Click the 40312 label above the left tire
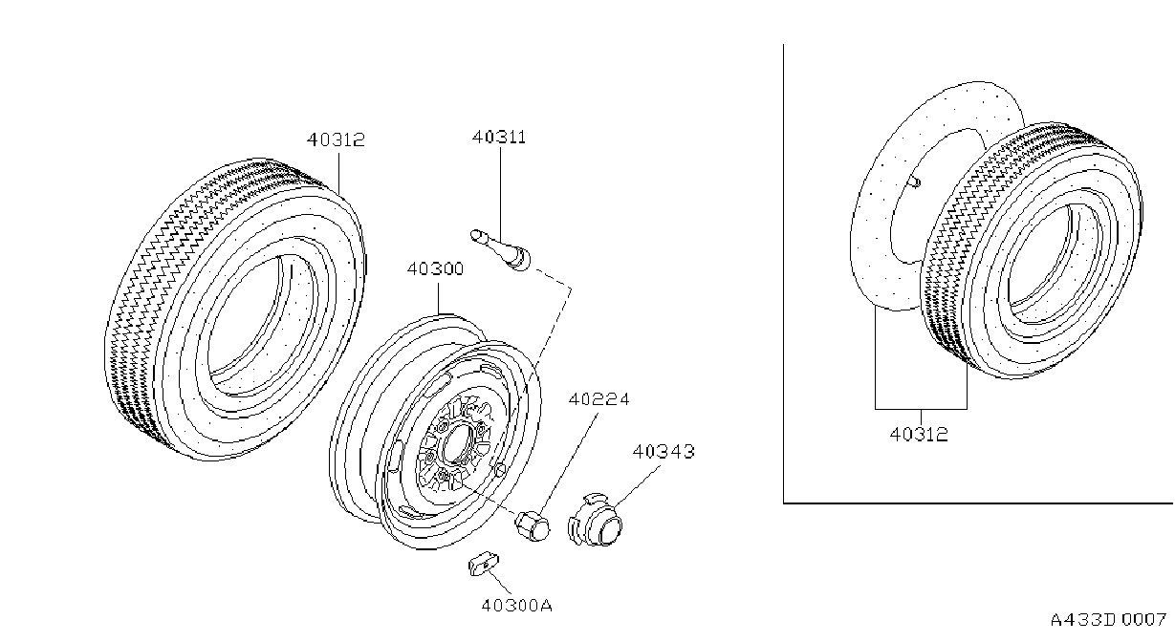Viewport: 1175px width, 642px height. pyautogui.click(x=336, y=139)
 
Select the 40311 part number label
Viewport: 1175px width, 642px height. pyautogui.click(x=499, y=138)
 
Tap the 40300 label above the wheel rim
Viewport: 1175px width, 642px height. pyautogui.click(x=435, y=268)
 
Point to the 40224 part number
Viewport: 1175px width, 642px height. pyautogui.click(x=599, y=399)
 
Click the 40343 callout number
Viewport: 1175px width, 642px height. pyautogui.click(x=664, y=451)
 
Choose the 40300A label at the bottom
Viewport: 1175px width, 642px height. pyautogui.click(x=516, y=606)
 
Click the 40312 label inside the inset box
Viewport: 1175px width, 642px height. pyautogui.click(x=919, y=435)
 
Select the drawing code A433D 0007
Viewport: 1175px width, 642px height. pyautogui.click(x=1108, y=620)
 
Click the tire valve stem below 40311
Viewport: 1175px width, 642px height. pyautogui.click(x=500, y=250)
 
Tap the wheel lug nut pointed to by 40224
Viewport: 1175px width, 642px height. pyautogui.click(x=533, y=525)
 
